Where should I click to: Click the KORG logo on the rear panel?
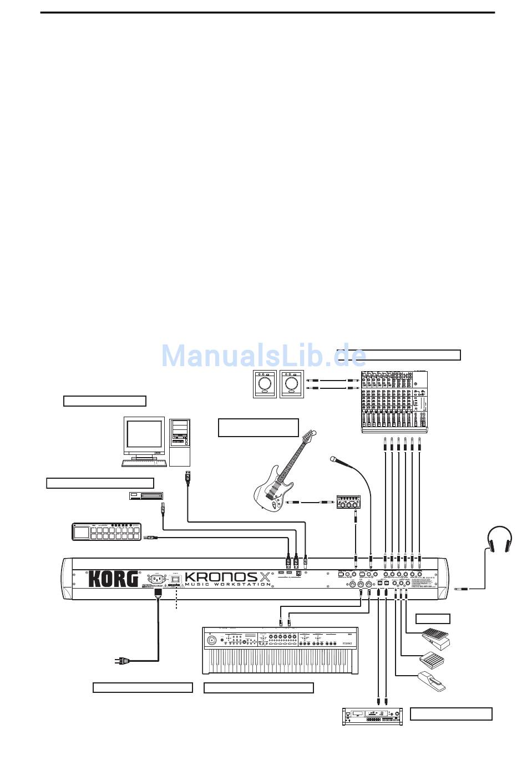(x=113, y=579)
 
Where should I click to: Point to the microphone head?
(x=333, y=459)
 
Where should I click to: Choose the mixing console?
(x=394, y=401)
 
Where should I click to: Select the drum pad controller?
(x=105, y=531)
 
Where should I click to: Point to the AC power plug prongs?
(x=118, y=660)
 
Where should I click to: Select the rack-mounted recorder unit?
(x=371, y=716)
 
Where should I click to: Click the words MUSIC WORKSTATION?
(x=228, y=584)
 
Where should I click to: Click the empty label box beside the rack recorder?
(x=451, y=714)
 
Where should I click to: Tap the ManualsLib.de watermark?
(x=263, y=355)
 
